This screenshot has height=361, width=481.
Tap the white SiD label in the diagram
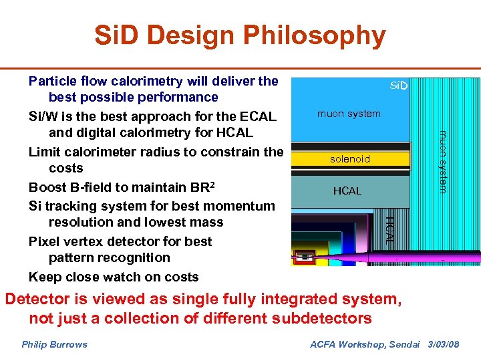point(399,86)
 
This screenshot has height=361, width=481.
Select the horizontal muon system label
point(349,114)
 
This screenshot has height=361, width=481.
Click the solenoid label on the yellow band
point(349,159)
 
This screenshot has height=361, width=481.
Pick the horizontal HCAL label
point(347,191)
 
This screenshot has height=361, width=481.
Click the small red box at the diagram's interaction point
point(305,256)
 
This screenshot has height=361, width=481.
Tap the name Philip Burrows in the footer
point(54,344)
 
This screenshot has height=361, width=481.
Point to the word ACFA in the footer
point(325,344)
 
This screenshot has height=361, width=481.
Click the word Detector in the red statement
point(37,299)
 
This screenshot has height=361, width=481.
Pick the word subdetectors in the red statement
point(319,318)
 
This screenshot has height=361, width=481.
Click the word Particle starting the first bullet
point(53,82)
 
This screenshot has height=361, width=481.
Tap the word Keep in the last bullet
point(44,277)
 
